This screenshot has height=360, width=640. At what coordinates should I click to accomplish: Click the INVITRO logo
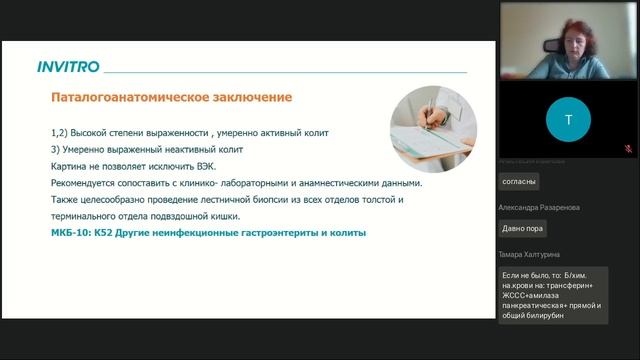point(68,67)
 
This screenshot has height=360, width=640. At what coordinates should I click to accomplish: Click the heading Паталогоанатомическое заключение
point(171,98)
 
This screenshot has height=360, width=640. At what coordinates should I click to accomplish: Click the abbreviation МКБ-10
point(69,233)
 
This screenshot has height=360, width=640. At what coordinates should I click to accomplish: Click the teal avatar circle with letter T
point(568,119)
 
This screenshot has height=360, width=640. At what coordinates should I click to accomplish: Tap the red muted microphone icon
point(627,148)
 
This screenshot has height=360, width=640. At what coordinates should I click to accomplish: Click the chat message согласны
point(519,181)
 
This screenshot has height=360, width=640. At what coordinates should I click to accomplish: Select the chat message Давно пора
point(524,227)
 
